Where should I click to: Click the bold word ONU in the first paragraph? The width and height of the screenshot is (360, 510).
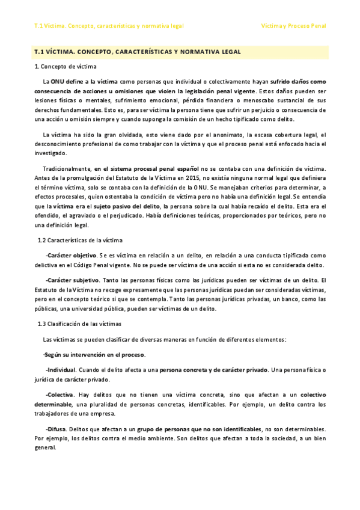pyautogui.click(x=56, y=81)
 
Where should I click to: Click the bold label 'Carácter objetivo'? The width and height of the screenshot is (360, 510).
pyautogui.click(x=71, y=256)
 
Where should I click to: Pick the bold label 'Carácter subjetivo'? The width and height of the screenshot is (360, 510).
pyautogui.click(x=72, y=280)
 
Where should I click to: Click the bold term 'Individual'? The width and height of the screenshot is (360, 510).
pyautogui.click(x=60, y=369)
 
